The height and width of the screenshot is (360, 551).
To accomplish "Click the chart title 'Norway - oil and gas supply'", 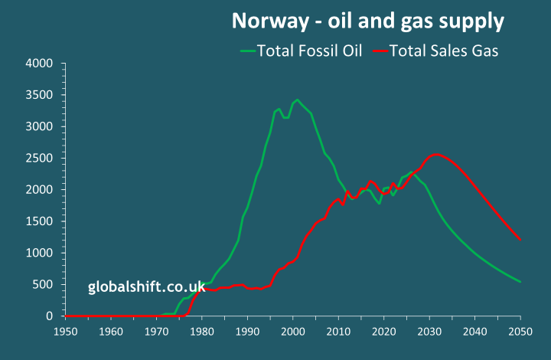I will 368,21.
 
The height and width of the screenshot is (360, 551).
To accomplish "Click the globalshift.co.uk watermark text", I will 146,288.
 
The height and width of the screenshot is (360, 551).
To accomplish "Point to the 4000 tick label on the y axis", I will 39,63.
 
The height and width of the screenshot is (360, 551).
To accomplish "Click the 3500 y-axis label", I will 39,95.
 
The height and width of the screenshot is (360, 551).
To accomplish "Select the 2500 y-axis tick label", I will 39,158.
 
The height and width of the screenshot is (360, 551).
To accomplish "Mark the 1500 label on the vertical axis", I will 39,221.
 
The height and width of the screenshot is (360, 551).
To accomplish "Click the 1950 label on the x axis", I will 65,332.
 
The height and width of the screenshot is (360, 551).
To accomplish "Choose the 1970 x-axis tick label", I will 156,332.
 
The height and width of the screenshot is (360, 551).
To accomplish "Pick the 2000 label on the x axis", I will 293,332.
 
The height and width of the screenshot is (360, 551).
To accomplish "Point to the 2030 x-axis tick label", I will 429,332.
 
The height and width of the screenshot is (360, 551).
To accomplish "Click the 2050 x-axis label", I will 520,332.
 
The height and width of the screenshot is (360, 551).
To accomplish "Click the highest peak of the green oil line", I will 298,100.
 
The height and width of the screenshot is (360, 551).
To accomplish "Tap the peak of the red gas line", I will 435,155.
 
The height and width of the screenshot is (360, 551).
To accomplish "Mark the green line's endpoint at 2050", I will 520,282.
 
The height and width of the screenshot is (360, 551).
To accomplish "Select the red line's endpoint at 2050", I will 520,240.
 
